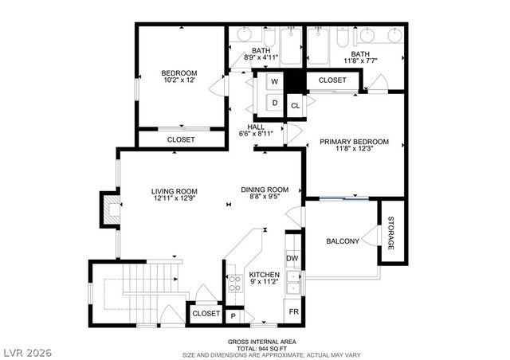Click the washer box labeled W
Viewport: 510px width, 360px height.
coord(274,82)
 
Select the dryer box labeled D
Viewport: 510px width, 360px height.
coord(274,102)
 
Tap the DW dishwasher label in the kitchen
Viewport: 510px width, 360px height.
coord(292,258)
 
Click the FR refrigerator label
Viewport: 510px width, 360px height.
coord(293,311)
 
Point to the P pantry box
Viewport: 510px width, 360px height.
coord(233,316)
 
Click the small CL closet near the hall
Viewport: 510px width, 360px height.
coord(295,105)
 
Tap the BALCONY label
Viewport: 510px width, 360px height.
coord(343,241)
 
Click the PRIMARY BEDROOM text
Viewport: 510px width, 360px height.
coord(355,142)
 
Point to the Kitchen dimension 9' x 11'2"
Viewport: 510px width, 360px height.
coord(264,283)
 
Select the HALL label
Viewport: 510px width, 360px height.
coord(256,127)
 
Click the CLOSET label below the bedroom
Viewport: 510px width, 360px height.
coord(181,139)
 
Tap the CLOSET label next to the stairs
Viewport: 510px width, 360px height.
coord(206,314)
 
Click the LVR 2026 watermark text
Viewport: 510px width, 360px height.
coord(26,349)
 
